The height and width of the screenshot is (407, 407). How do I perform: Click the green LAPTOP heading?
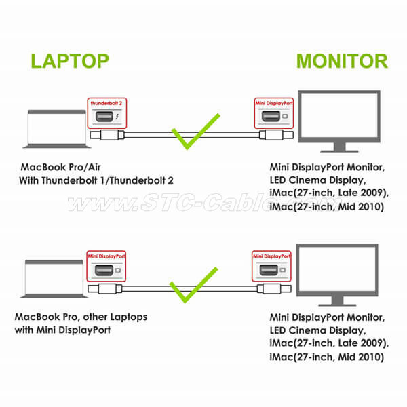(70, 61)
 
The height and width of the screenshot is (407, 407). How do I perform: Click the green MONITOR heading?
(342, 61)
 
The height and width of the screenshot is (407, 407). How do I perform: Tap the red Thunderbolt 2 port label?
(106, 103)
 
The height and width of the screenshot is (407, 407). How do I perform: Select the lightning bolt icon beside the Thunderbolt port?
(117, 116)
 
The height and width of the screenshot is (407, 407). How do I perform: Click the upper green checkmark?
(196, 132)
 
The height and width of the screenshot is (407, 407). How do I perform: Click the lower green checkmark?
(193, 285)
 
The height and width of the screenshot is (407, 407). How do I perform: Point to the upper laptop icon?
(56, 129)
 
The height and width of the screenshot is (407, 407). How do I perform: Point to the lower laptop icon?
(54, 279)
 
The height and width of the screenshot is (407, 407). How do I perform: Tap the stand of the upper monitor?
(340, 147)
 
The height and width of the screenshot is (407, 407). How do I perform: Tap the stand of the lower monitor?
(337, 301)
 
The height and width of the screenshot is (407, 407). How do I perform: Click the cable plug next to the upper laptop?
(107, 135)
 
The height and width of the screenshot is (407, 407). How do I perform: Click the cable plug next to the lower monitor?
(274, 289)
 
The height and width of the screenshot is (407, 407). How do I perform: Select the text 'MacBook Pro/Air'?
(60, 167)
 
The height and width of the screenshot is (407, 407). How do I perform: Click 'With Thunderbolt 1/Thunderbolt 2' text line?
(96, 180)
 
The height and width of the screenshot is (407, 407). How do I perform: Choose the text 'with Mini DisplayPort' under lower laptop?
(62, 330)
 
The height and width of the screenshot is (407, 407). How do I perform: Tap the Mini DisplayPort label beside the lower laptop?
(106, 256)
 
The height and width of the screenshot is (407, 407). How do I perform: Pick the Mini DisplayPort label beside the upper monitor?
(274, 103)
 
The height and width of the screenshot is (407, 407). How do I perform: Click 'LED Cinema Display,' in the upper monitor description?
(317, 180)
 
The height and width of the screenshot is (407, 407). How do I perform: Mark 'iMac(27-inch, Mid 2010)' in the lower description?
(327, 357)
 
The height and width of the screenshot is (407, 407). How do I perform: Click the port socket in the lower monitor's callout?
(269, 270)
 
